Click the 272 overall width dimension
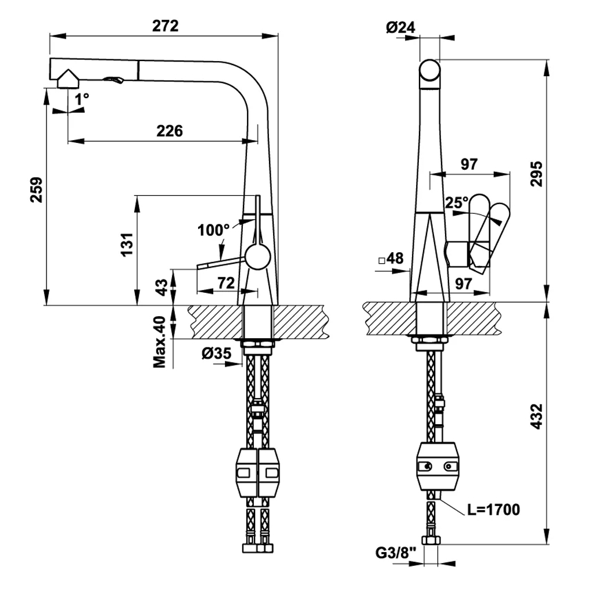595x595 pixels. (166, 26)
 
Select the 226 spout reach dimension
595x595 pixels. (170, 131)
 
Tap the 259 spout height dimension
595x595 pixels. (37, 189)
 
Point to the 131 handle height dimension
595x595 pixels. (127, 244)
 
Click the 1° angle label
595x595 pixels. (82, 99)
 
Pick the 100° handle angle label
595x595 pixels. (213, 230)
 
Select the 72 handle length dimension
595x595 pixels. (226, 283)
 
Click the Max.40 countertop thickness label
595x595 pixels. (160, 342)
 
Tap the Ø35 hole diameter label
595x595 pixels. (216, 354)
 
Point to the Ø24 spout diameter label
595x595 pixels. (401, 27)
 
